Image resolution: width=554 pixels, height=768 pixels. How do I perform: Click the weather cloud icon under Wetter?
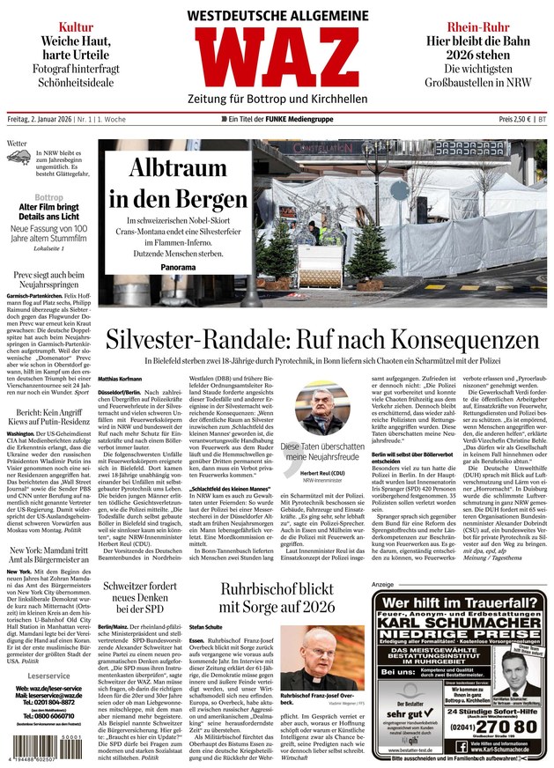click(x=18, y=158)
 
